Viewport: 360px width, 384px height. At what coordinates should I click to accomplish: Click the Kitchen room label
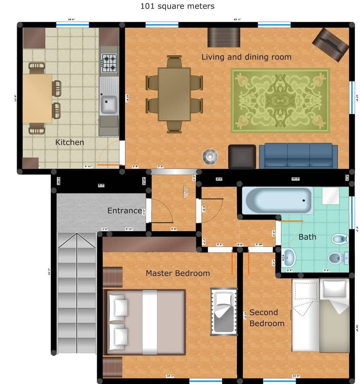[69, 142]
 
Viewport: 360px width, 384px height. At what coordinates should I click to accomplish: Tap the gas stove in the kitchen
[109, 63]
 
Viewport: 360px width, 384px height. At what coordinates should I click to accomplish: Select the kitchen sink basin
[108, 104]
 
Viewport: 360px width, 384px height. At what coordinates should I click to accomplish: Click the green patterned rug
[280, 100]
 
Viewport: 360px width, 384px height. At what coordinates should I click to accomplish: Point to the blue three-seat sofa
[298, 156]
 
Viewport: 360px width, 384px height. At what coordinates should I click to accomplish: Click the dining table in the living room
[174, 94]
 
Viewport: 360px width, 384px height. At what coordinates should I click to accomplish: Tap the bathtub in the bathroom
[277, 200]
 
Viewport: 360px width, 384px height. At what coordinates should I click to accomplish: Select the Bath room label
[307, 237]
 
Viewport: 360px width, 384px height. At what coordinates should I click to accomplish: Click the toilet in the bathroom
[336, 258]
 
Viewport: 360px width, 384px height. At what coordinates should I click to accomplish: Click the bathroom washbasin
[289, 258]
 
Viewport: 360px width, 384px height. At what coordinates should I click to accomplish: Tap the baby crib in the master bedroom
[224, 311]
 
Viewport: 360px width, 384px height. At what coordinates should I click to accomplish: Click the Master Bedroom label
[178, 273]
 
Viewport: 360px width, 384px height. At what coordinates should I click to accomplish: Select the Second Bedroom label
[267, 318]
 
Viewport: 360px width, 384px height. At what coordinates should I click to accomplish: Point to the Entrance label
[124, 211]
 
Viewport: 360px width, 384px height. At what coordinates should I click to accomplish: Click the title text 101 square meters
[177, 6]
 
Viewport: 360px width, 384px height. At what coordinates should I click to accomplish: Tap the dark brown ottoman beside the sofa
[242, 157]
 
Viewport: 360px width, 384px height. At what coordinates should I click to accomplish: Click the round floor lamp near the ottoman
[210, 157]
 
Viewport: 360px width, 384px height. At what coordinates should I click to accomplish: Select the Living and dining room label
[246, 57]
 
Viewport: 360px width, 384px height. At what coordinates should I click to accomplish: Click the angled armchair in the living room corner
[330, 44]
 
